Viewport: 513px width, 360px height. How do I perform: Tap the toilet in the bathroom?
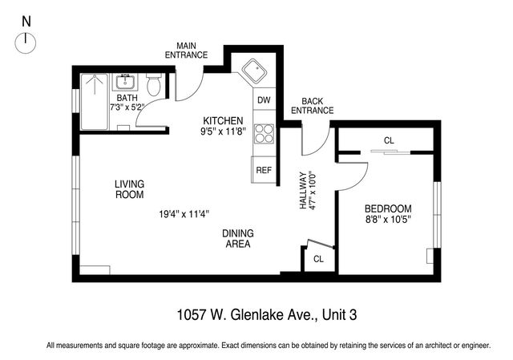[x=154, y=84]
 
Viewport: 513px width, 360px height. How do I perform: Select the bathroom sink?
[x=125, y=82]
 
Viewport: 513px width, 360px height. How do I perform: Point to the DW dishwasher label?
[x=263, y=101]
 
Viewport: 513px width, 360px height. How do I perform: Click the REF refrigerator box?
[x=263, y=170]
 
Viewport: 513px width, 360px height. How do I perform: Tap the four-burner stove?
[x=263, y=133]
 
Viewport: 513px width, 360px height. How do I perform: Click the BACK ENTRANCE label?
[x=312, y=105]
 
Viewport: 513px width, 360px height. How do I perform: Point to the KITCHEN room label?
[x=223, y=120]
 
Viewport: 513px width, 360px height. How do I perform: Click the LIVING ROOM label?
[x=129, y=189]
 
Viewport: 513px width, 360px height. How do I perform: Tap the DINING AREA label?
[x=238, y=238]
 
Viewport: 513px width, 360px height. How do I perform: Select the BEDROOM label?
[x=388, y=208]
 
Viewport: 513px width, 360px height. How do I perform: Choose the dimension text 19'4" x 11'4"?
[x=184, y=214]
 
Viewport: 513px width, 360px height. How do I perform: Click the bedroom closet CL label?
[x=389, y=140]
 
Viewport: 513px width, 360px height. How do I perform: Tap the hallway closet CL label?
[x=318, y=259]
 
